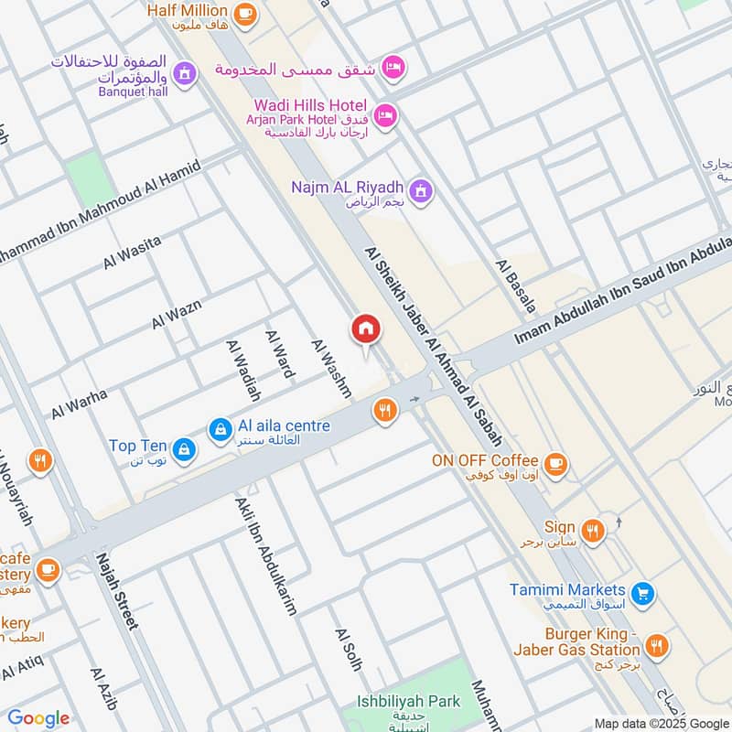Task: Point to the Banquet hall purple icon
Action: (x=185, y=72)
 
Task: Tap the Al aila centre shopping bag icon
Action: (x=220, y=428)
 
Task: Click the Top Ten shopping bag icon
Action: (x=184, y=447)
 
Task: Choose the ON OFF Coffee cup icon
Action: (x=554, y=462)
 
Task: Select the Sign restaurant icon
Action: (x=593, y=530)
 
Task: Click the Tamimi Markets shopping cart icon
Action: (x=643, y=593)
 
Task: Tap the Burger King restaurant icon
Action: (x=655, y=646)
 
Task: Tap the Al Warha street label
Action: (x=79, y=404)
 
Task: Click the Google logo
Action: (x=38, y=718)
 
